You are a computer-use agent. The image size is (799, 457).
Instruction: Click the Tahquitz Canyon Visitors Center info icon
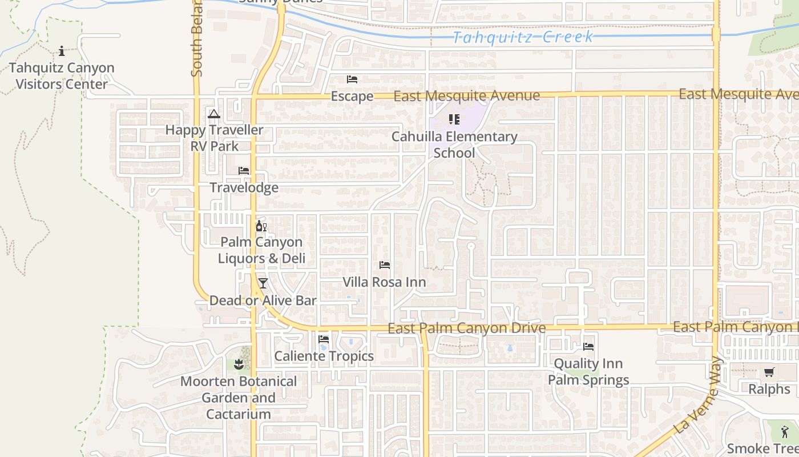62,51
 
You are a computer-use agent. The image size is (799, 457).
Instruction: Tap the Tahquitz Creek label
523,38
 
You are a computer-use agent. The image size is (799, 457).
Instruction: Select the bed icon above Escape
352,79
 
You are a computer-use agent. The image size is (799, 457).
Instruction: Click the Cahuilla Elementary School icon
454,119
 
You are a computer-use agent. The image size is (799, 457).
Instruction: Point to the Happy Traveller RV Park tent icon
214,114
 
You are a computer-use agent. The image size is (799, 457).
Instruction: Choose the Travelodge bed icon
244,171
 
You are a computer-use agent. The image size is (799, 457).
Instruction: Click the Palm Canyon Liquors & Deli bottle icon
261,226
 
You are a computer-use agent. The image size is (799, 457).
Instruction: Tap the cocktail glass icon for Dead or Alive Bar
263,283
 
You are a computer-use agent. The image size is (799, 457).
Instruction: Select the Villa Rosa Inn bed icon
385,265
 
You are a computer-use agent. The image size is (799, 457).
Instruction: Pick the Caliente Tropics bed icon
324,339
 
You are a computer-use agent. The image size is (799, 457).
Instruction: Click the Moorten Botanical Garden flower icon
239,364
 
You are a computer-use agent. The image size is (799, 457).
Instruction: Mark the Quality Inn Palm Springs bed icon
588,347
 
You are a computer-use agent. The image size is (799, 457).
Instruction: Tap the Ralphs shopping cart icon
769,372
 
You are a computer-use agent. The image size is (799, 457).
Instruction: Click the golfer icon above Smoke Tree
785,432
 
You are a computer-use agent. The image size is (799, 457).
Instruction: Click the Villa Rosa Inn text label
384,282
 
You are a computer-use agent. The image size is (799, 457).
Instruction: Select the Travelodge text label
244,187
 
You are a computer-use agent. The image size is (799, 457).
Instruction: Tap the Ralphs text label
769,390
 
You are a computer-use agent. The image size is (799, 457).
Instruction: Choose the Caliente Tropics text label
324,356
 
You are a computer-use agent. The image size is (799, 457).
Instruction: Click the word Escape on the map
352,96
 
